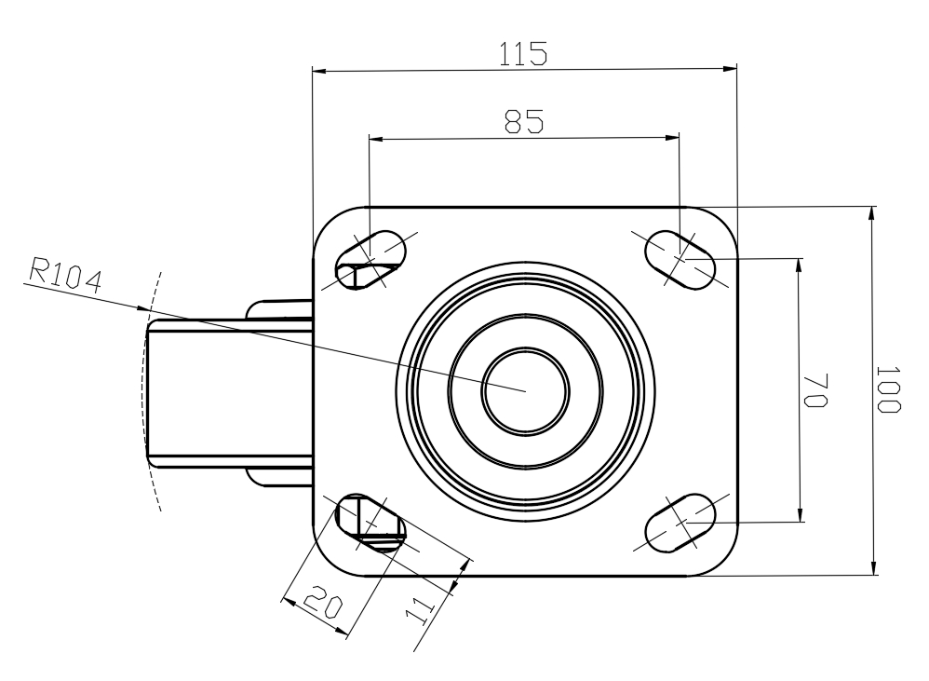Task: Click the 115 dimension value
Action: [x=523, y=53]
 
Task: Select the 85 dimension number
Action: [x=524, y=121]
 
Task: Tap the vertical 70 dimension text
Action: [x=815, y=390]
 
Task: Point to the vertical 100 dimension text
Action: [x=888, y=389]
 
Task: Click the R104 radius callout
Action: [x=66, y=274]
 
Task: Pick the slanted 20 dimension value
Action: [x=323, y=602]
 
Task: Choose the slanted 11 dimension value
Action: [x=420, y=611]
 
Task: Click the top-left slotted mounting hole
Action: [x=370, y=260]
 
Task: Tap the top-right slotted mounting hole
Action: [x=680, y=260]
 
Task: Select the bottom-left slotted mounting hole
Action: [x=370, y=523]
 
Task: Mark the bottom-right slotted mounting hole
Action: [x=680, y=523]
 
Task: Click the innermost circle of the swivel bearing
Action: [x=526, y=391]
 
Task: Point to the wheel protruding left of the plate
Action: [x=230, y=393]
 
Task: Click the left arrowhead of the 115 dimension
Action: [x=319, y=72]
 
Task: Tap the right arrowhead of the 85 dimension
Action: [x=672, y=138]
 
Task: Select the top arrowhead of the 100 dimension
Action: [x=872, y=213]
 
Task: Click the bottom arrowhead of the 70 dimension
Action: [x=800, y=515]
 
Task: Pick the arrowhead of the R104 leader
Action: [x=142, y=308]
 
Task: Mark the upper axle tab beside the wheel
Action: [x=279, y=309]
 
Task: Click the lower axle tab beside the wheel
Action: [x=279, y=477]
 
